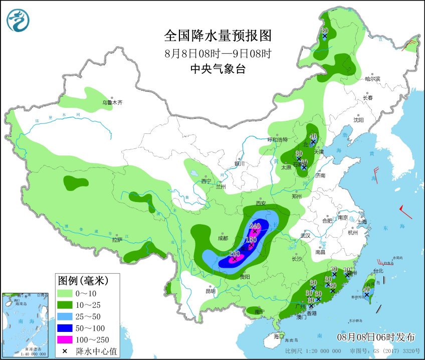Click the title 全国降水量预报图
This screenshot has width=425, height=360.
(x=218, y=36)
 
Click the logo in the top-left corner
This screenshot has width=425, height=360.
(x=18, y=21)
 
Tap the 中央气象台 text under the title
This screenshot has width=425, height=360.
(x=218, y=70)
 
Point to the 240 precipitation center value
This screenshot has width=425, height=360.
(x=255, y=226)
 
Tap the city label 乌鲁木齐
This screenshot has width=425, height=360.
(x=112, y=102)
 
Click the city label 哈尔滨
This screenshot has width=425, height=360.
(x=372, y=79)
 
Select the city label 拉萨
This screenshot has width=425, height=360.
(x=117, y=240)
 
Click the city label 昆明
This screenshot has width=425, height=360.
(x=210, y=291)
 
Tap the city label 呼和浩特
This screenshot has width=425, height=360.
(x=278, y=139)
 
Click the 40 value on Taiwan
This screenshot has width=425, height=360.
(x=366, y=289)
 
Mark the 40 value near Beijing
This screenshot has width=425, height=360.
(x=313, y=136)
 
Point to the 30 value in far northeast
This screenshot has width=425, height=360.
(x=324, y=30)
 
